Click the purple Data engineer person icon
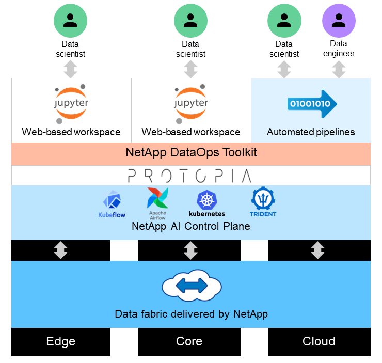(x=339, y=20)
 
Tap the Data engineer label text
(x=339, y=49)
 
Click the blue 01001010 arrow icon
(x=312, y=104)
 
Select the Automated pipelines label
(x=311, y=132)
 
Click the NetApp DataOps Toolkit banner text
(x=191, y=153)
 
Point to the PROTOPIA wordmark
(x=189, y=176)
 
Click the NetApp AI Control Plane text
(x=191, y=226)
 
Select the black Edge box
(x=61, y=341)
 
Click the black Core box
(x=189, y=341)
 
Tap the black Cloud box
(x=319, y=341)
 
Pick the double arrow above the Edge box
(x=61, y=250)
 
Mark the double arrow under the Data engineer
(x=339, y=69)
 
